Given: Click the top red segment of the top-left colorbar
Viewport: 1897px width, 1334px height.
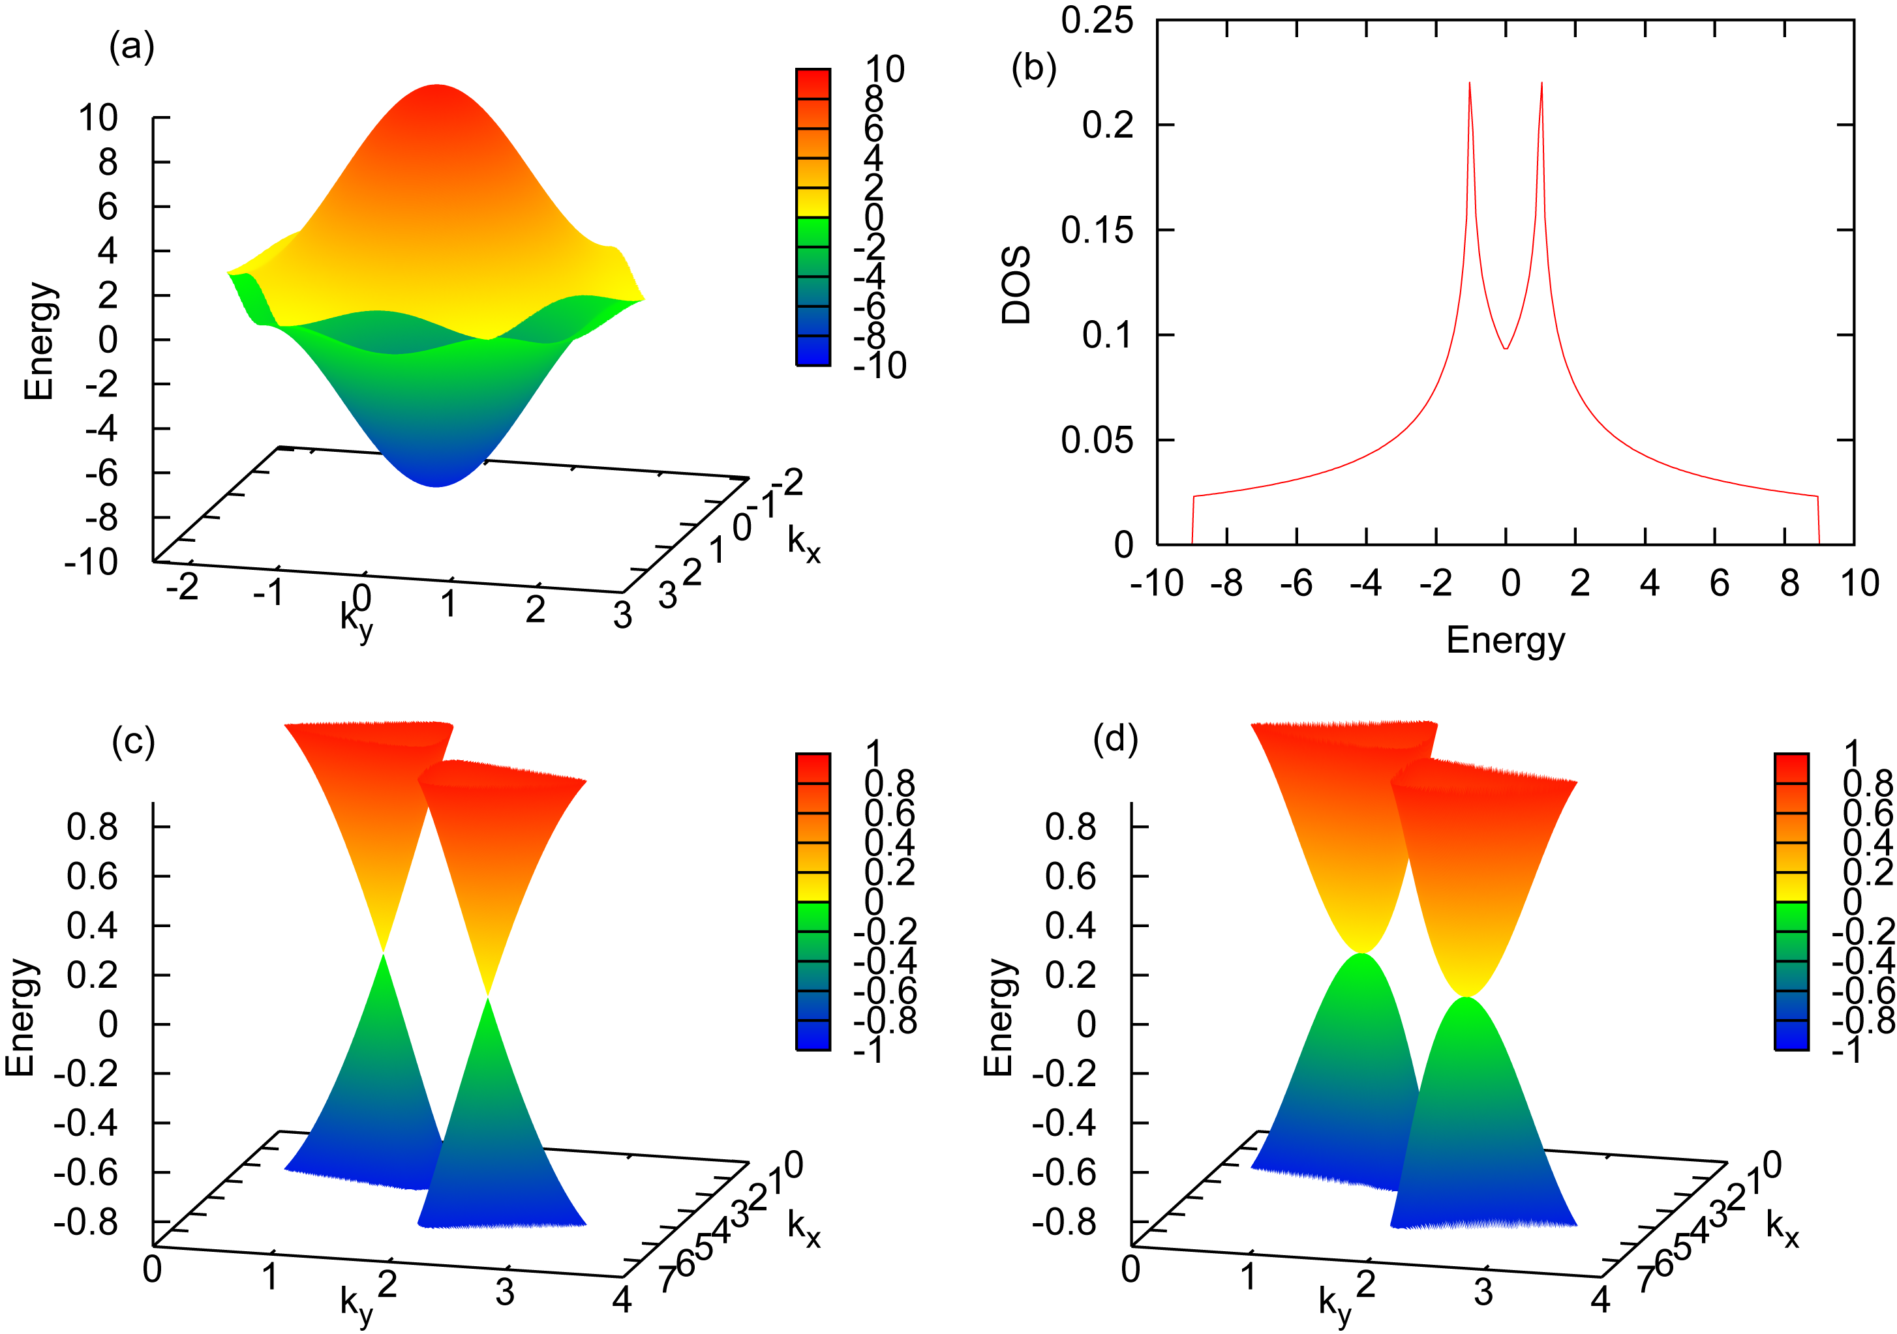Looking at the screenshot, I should [x=813, y=84].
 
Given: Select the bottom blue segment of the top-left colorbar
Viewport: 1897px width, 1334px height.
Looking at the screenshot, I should [x=813, y=350].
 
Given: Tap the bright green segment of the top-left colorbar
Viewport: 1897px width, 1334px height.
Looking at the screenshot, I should [x=813, y=231].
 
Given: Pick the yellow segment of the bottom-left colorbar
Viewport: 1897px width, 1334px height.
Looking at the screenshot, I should [x=813, y=886].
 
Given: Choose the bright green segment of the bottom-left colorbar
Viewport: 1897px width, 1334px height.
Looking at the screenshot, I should [x=813, y=916].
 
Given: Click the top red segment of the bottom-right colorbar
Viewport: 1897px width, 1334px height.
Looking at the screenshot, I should [x=1791, y=769].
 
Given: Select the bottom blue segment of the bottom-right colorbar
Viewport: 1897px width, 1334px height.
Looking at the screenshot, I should [x=1791, y=1035].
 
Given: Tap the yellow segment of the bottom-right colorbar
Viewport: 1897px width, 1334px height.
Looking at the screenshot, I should [x=1791, y=886].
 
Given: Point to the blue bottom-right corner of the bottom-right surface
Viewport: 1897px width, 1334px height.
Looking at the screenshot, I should [x=1575, y=1225].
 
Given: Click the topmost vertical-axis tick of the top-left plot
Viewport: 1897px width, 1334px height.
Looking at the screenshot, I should [x=162, y=118].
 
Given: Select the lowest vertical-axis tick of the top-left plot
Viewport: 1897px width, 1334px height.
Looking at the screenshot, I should [x=162, y=429].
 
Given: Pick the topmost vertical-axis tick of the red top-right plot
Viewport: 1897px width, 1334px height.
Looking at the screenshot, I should [x=1166, y=125].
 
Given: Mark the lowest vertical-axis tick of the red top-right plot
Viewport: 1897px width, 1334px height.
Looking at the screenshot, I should [x=1166, y=440].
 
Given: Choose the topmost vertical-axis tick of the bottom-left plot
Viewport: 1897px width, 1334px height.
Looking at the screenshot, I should [x=162, y=827].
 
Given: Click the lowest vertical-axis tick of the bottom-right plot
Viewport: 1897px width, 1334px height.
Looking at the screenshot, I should [x=1140, y=1123].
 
